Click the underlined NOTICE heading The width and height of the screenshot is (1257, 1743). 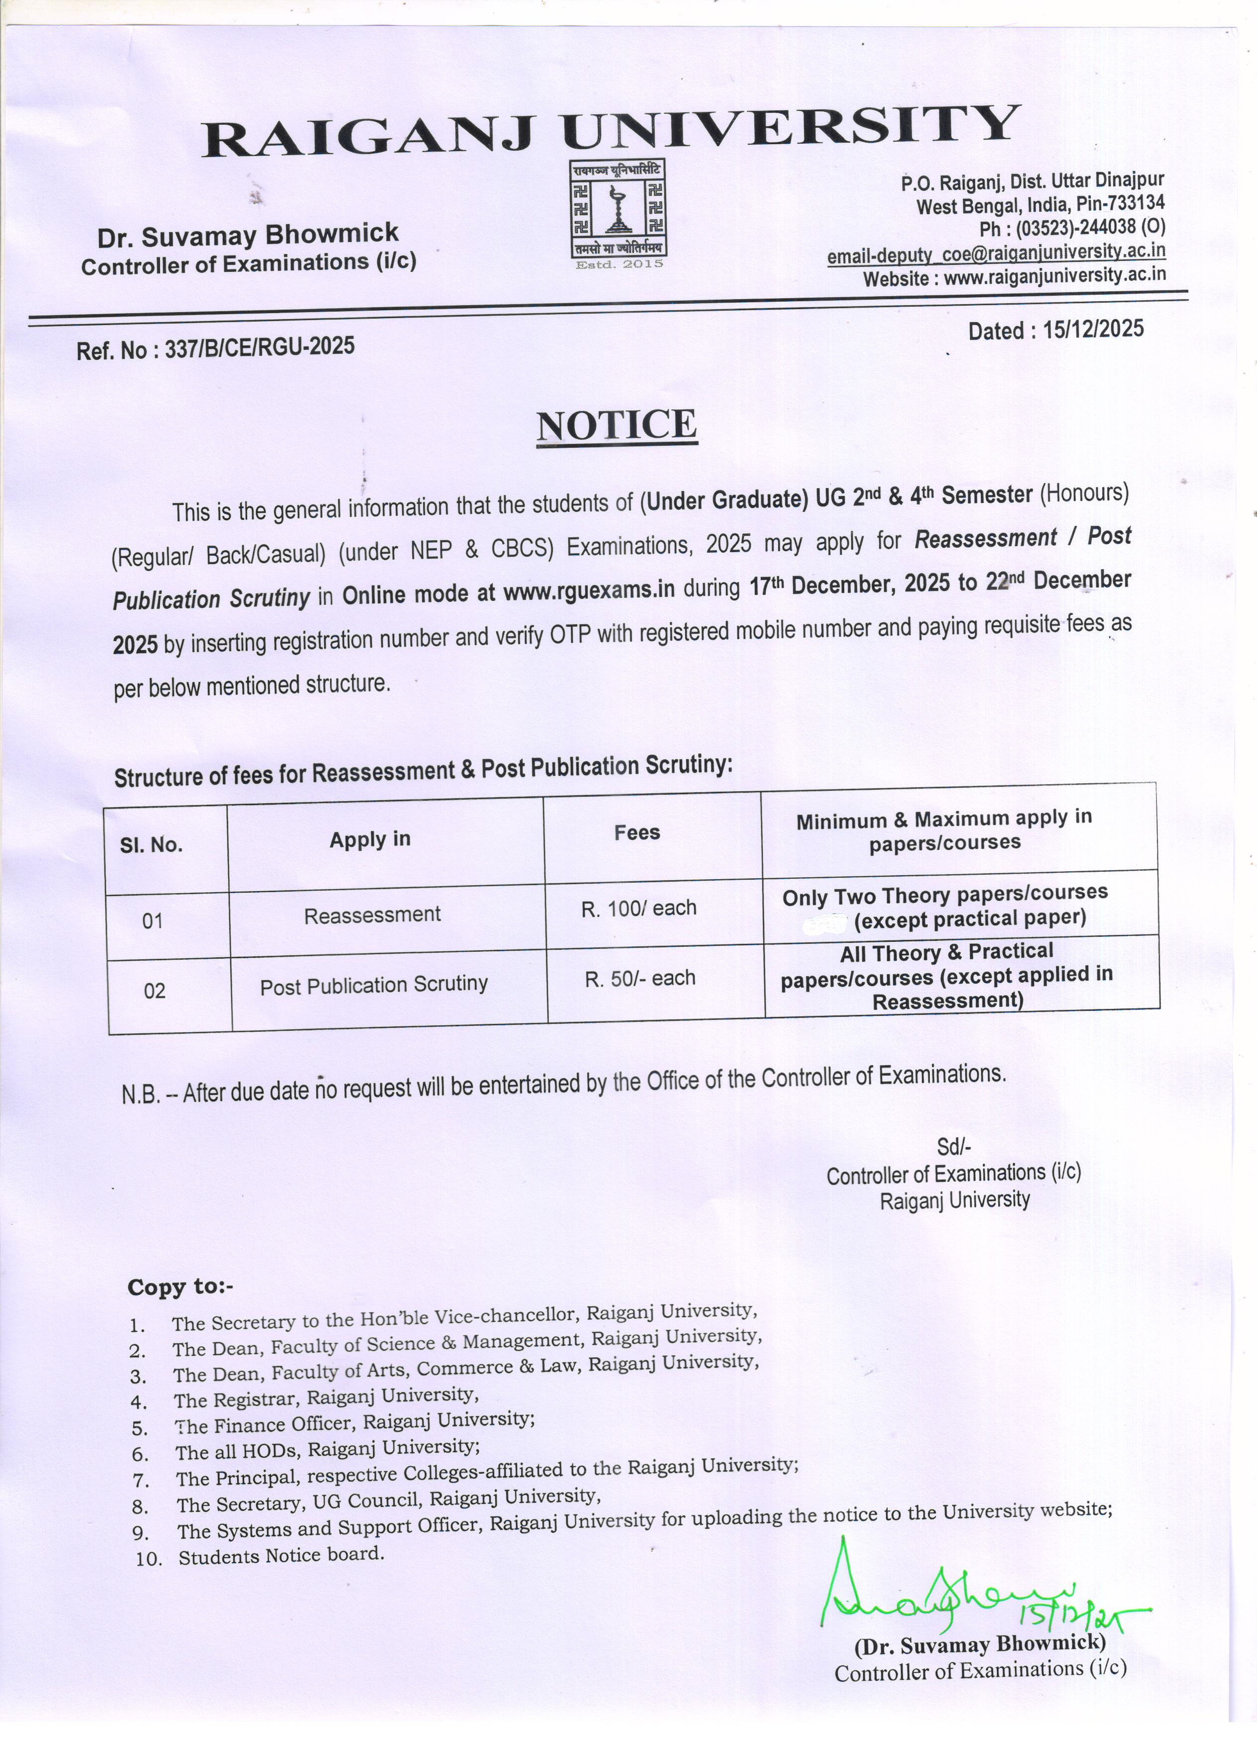point(617,425)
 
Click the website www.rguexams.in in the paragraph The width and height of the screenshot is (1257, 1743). point(589,590)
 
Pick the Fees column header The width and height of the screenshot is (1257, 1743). point(636,832)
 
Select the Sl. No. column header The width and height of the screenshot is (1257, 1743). point(152,845)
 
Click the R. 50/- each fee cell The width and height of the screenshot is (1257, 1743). point(639,978)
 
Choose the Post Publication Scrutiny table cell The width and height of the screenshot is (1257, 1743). point(373,985)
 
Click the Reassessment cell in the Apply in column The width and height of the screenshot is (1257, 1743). point(372,914)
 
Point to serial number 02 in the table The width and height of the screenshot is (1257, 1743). point(155,991)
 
